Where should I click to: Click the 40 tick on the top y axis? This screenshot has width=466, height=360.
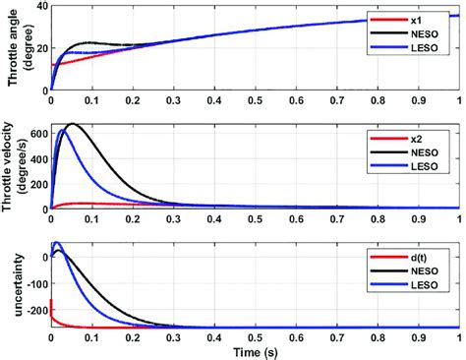pyautogui.click(x=38, y=6)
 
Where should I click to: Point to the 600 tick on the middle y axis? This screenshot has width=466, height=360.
pyautogui.click(x=35, y=131)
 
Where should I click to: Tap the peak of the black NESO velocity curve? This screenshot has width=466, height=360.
pyautogui.click(x=71, y=124)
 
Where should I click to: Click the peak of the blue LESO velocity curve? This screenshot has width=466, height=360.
pyautogui.click(x=62, y=130)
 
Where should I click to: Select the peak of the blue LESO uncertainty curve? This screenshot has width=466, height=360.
pyautogui.click(x=57, y=243)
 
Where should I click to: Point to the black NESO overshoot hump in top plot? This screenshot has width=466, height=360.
pyautogui.click(x=90, y=42)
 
